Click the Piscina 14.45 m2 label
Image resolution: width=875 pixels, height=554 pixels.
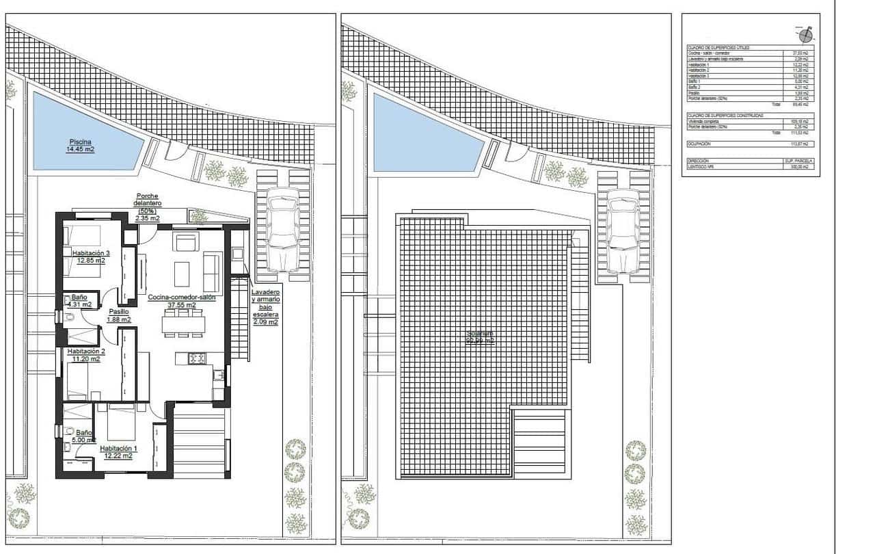click(x=80, y=145)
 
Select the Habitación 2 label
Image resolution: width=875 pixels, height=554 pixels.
click(x=85, y=355)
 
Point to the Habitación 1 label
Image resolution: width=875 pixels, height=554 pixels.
click(x=116, y=452)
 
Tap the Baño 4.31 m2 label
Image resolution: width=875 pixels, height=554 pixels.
click(x=80, y=302)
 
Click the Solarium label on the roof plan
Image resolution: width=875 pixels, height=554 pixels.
click(x=480, y=337)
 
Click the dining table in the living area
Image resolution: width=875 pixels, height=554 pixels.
click(x=183, y=322)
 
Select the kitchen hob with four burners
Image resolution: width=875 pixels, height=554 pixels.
click(x=198, y=358)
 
